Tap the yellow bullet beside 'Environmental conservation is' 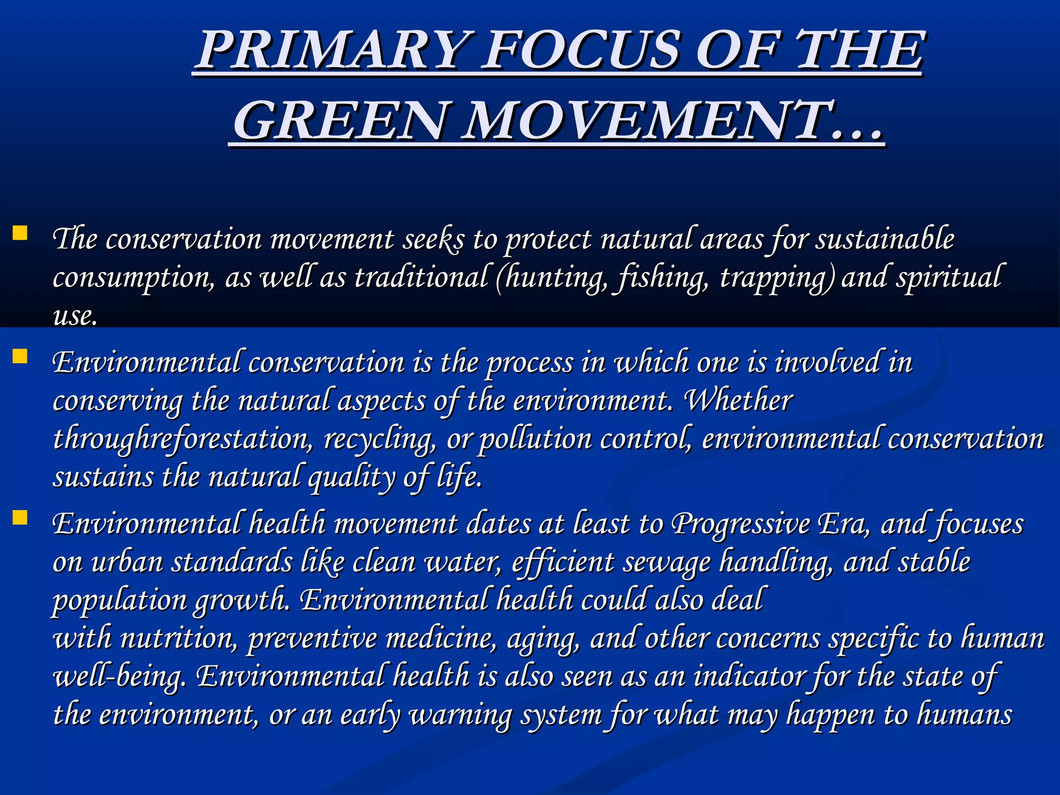[20, 357]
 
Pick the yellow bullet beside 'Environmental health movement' [20, 518]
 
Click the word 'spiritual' [950, 277]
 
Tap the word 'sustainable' [885, 240]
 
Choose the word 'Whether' [738, 400]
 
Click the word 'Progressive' [741, 524]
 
